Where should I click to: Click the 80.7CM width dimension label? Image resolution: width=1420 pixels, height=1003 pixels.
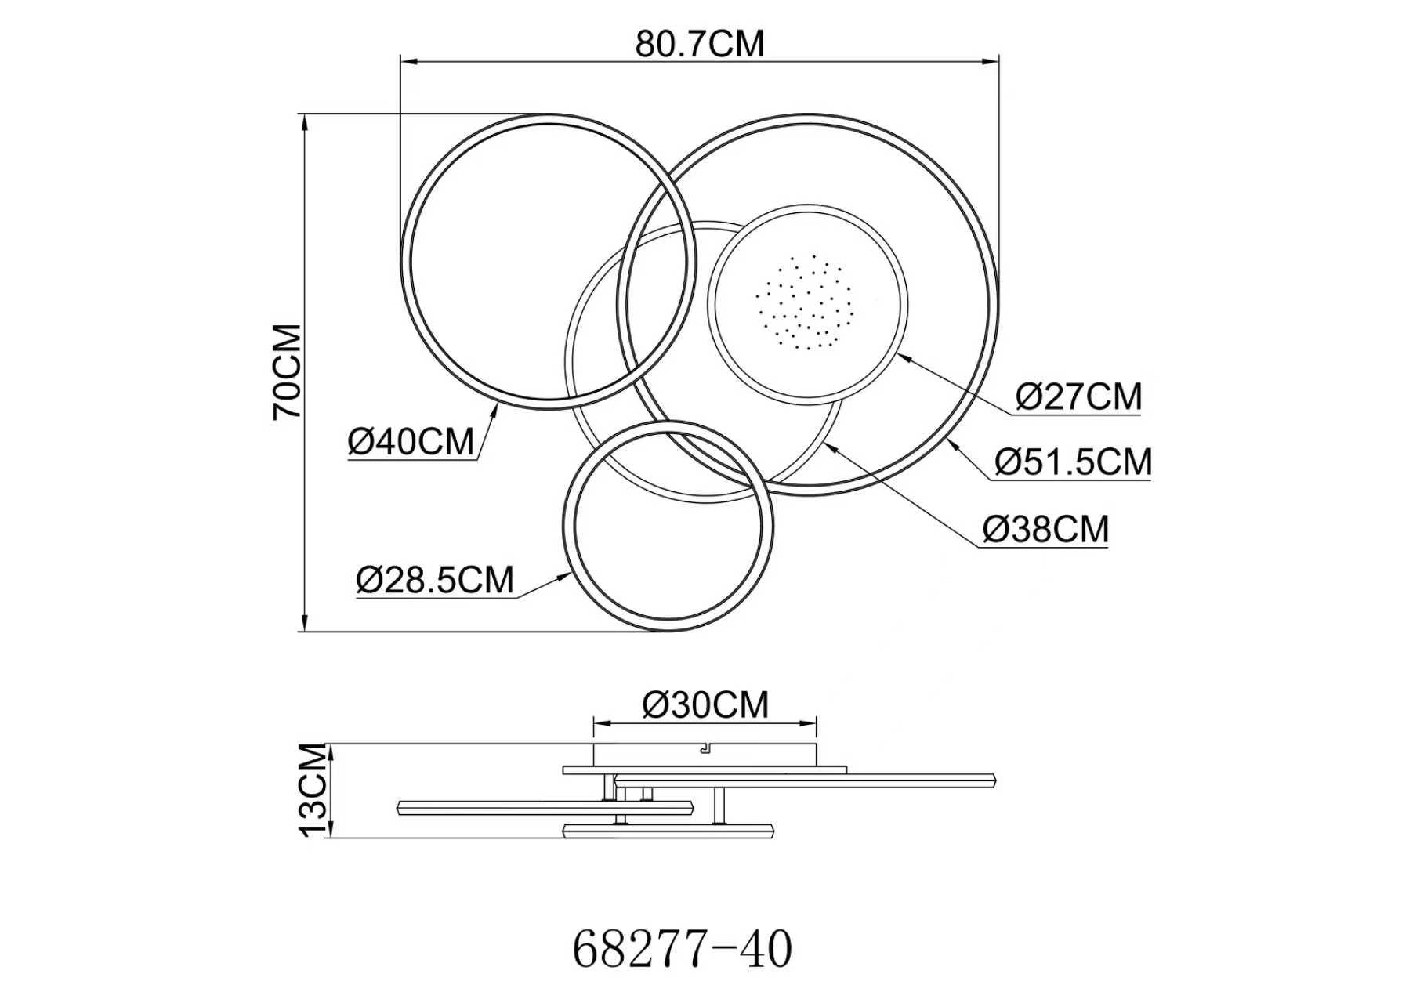click(x=699, y=44)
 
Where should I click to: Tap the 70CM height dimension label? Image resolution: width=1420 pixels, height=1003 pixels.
click(x=288, y=372)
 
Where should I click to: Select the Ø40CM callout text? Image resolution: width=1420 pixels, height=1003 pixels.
click(x=411, y=442)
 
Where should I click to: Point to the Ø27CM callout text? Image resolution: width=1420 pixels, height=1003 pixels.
click(x=1078, y=396)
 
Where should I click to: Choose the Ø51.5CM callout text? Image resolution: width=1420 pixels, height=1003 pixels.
click(x=1073, y=462)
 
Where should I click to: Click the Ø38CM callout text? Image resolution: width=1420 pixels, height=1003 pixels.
click(x=1045, y=530)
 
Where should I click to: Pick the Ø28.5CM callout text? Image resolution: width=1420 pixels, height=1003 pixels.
click(x=435, y=581)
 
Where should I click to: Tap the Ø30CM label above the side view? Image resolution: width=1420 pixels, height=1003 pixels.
click(x=705, y=705)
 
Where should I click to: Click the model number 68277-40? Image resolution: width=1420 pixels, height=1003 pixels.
click(x=683, y=950)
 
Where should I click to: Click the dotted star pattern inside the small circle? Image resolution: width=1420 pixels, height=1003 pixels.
click(x=804, y=302)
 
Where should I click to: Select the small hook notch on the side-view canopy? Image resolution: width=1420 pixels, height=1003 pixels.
click(x=704, y=750)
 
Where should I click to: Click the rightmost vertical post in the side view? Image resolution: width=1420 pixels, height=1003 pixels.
click(x=719, y=806)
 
